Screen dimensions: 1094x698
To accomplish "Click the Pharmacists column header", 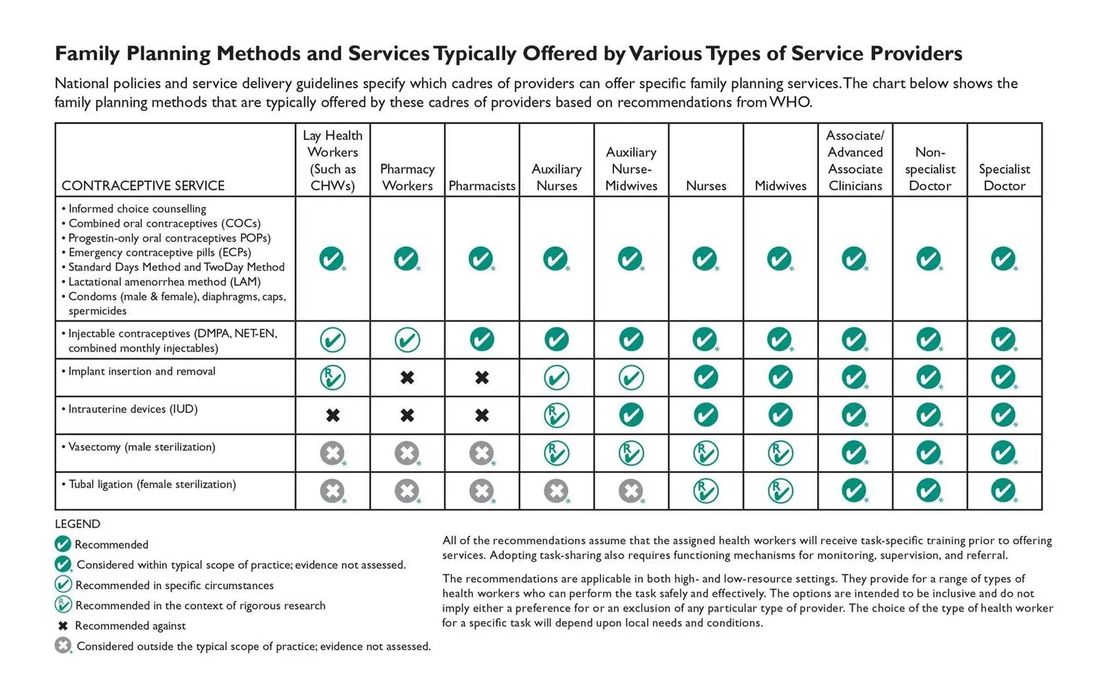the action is click(481, 186).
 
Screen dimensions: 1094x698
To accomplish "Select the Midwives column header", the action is click(780, 186).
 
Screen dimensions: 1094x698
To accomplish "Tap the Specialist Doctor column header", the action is click(1004, 177).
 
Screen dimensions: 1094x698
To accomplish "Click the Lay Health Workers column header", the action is click(332, 160).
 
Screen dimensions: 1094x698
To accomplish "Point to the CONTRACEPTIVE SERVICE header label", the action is click(143, 186).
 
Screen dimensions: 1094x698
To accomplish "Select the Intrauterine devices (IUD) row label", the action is click(130, 409).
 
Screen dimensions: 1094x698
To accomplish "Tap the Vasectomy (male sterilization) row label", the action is click(139, 447).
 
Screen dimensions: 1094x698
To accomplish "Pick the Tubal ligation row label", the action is click(149, 484).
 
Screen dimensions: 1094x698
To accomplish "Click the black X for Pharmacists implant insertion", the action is click(481, 377).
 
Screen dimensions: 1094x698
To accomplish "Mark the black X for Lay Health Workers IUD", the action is click(332, 415).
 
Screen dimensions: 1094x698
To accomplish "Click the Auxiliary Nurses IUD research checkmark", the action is click(557, 415).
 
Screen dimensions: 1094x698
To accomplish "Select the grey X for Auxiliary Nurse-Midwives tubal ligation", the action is click(631, 491).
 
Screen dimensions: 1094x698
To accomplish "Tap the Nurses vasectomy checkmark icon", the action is click(706, 453).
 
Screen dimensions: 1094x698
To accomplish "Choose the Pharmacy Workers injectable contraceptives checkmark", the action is click(407, 340).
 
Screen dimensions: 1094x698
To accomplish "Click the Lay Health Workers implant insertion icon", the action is click(332, 377).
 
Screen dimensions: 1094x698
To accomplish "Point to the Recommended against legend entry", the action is click(122, 626).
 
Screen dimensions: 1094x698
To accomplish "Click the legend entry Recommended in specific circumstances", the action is click(164, 585).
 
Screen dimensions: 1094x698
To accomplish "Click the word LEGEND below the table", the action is click(78, 524).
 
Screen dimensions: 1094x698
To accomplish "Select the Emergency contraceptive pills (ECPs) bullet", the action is click(157, 252).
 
